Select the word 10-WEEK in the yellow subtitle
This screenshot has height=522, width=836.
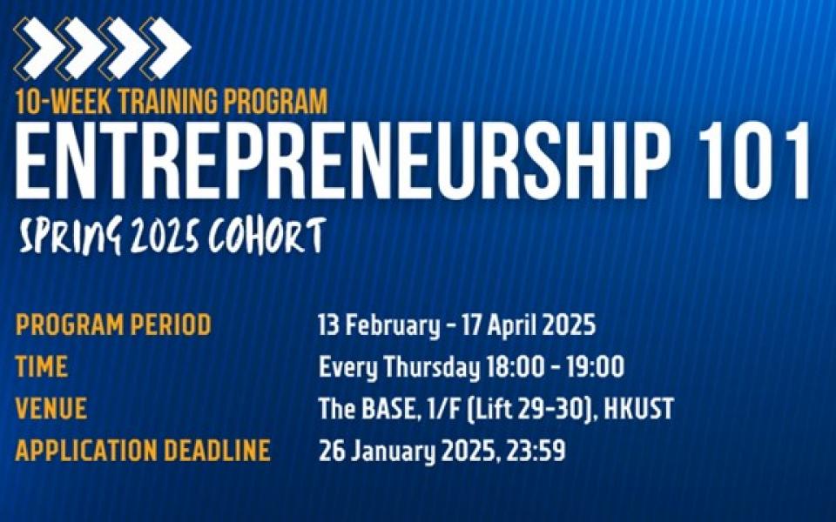[64, 101]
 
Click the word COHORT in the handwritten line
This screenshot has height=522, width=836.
[266, 235]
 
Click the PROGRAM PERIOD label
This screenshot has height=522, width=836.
[113, 325]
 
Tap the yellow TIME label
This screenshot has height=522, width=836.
[42, 366]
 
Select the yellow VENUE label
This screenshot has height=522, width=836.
[51, 409]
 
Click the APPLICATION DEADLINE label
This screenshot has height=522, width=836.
[143, 450]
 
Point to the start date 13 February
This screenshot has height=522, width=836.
[379, 325]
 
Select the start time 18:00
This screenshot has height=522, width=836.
[516, 367]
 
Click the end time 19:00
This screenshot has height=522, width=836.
[595, 367]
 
